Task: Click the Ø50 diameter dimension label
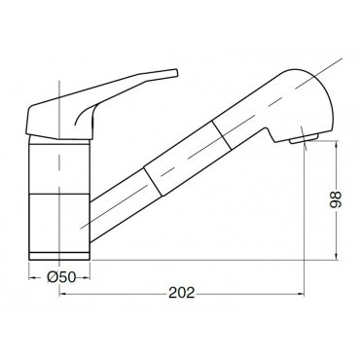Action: (x=61, y=277)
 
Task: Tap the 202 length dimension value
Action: (x=182, y=293)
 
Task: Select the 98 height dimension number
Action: (x=335, y=199)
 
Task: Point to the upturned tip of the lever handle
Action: (x=175, y=72)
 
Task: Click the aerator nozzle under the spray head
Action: (x=304, y=139)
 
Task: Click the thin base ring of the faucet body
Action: (x=59, y=256)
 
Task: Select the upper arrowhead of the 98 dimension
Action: (x=337, y=144)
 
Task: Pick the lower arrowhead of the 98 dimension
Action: (x=337, y=256)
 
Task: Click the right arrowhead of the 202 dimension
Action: (x=301, y=294)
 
